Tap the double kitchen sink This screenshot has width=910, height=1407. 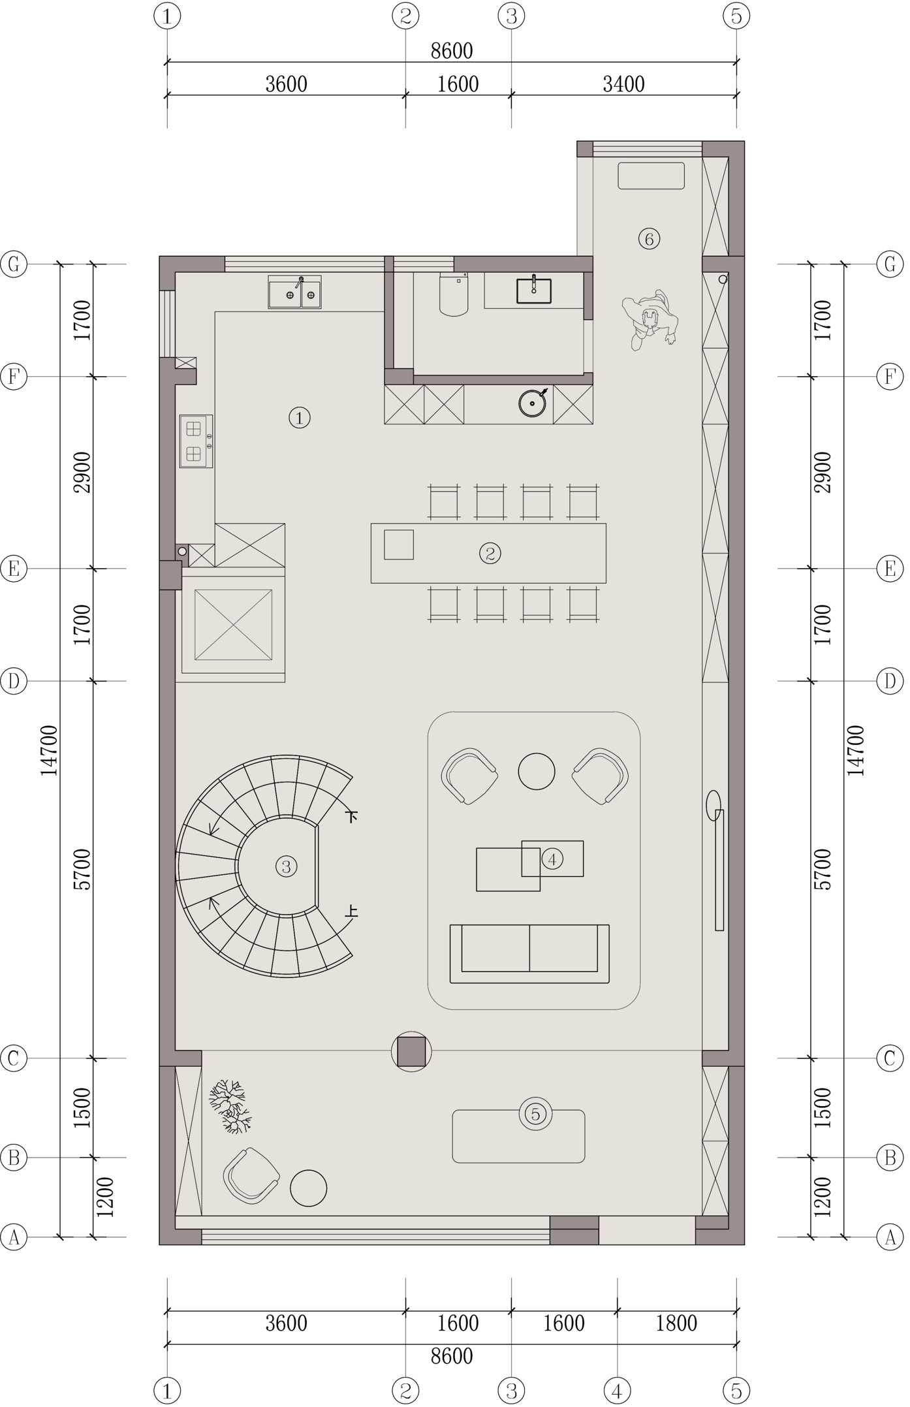294,292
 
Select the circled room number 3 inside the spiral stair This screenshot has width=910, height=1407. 286,866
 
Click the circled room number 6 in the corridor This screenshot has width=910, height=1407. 649,239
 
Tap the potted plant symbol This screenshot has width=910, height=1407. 229,1105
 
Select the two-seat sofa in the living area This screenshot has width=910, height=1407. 529,953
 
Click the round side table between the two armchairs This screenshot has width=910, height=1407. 537,771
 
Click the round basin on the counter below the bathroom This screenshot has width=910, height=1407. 533,403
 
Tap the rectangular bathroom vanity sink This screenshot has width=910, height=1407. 533,291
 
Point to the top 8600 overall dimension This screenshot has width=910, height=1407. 452,51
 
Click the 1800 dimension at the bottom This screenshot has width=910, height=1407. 676,1323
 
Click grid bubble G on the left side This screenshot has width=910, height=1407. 14,264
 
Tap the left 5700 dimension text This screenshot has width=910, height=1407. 83,869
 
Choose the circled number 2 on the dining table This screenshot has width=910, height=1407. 490,553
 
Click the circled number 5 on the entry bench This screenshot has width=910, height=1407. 535,1114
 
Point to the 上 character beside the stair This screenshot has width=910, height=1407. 352,911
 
